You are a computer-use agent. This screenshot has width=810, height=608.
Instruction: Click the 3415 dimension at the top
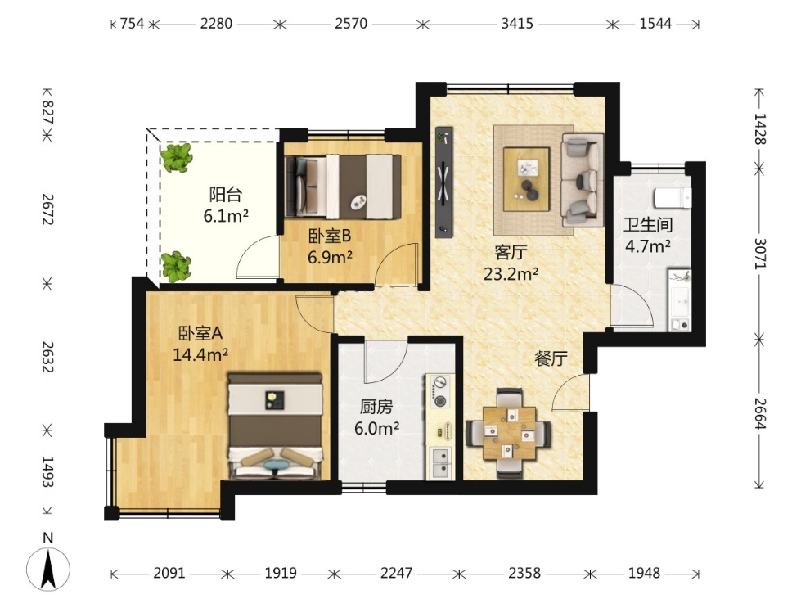coord(517,24)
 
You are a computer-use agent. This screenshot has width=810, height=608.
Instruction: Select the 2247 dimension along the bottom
coord(396,573)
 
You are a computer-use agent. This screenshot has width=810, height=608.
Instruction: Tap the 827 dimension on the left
coord(47,112)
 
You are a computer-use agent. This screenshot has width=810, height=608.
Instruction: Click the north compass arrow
coord(48,570)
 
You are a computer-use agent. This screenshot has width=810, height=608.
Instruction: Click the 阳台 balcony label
coord(226,194)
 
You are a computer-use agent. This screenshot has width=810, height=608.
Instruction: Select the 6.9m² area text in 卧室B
coord(330,257)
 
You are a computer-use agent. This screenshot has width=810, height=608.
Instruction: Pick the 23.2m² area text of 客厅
coord(511,274)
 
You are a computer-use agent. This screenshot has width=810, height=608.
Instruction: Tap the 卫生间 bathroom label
coord(648,225)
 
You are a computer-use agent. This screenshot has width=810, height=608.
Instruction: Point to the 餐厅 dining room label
coord(551,358)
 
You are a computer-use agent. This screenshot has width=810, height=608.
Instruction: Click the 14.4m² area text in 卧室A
coord(200,354)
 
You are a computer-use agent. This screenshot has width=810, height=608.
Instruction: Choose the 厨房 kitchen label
coord(376,407)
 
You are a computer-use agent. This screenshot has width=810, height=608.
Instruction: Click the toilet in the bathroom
coord(673,198)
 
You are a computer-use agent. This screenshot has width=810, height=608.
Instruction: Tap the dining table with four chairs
coord(509,433)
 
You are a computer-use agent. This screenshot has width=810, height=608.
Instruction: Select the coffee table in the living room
coord(526,179)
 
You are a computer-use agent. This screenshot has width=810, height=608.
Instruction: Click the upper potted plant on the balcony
coord(176,158)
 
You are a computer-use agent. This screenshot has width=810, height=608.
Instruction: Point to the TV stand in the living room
coord(443,182)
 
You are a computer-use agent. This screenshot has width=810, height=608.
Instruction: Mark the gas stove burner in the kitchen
coord(440,391)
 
